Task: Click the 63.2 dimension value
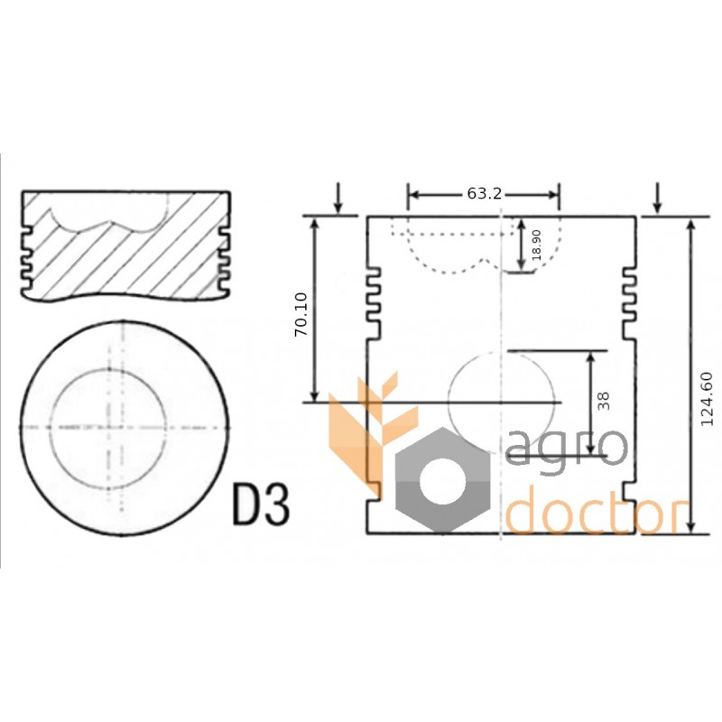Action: click(484, 194)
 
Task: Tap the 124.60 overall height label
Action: click(706, 399)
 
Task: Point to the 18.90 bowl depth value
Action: click(536, 245)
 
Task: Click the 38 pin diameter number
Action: click(603, 401)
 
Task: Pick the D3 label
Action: click(261, 504)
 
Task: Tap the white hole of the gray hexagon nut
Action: click(442, 480)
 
